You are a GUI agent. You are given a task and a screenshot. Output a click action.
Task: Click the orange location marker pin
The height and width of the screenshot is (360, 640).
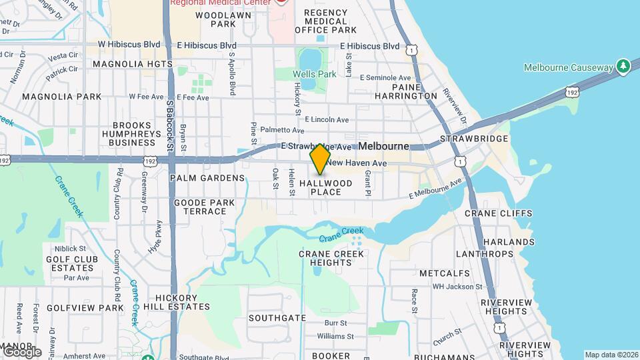[320, 159]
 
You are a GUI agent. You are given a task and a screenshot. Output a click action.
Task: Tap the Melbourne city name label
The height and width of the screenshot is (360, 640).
[383, 146]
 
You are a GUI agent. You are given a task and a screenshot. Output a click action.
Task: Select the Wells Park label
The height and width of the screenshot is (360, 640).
[315, 74]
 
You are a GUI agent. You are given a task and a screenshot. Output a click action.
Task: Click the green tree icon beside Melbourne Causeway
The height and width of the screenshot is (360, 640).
[623, 66]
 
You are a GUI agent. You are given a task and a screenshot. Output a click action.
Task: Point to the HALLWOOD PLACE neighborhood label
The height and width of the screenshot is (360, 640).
[325, 187]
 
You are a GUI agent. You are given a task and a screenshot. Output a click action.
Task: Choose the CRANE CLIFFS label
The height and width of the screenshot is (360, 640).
[499, 213]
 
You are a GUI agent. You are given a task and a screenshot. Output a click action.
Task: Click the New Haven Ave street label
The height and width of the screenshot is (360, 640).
[357, 163]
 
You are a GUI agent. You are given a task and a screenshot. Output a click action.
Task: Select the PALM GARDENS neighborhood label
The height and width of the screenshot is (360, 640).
[207, 178]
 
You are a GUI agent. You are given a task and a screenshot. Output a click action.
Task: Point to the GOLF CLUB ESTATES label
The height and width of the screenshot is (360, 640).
[71, 263]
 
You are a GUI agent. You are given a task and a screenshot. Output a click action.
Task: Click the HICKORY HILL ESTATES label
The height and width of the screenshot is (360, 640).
[182, 303]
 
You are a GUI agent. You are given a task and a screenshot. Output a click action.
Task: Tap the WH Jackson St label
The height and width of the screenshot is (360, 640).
[457, 287]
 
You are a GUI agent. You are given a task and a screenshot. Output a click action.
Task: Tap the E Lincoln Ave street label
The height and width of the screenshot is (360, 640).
[327, 120]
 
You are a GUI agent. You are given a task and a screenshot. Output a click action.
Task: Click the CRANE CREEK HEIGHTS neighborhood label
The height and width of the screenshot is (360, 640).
[331, 258]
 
